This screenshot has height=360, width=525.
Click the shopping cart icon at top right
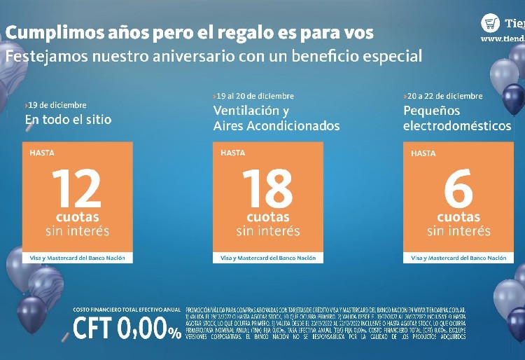(490, 23)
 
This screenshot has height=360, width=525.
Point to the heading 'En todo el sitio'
(68, 120)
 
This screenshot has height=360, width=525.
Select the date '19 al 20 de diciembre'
(254, 96)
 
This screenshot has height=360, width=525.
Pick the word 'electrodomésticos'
(457, 126)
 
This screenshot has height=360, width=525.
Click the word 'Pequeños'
(431, 111)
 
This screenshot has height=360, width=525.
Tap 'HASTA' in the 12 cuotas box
(42, 152)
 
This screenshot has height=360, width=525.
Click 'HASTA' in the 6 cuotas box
(423, 153)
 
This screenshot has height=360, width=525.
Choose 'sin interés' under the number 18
(267, 231)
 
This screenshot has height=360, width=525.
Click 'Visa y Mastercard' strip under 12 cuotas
(77, 258)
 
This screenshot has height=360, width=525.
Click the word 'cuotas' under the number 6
(458, 218)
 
